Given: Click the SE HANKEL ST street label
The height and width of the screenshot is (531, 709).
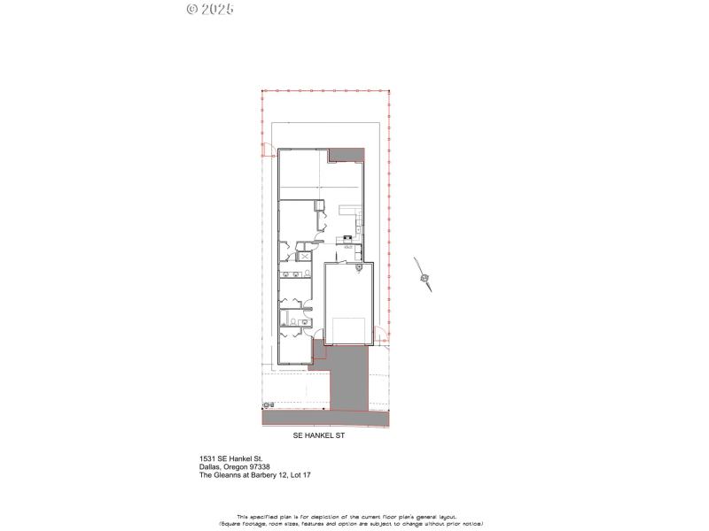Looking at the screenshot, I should [324, 435].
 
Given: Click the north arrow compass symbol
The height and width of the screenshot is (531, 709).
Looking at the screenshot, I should [425, 278].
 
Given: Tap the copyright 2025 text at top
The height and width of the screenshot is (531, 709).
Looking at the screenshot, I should [210, 9].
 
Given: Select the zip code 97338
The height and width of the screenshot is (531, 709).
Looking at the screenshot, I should [258, 467].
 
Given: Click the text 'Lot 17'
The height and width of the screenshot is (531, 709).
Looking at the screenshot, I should [299, 475].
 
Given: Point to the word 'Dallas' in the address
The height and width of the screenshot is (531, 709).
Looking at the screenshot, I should [211, 467].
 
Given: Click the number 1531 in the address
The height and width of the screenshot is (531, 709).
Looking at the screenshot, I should [207, 458].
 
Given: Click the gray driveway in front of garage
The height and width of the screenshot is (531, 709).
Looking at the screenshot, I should [347, 376].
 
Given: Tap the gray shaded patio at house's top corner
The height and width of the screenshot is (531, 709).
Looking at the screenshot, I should [347, 155].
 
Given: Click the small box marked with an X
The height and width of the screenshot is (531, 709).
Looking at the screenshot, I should [305, 256].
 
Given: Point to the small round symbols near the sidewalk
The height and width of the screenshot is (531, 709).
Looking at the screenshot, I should [267, 405].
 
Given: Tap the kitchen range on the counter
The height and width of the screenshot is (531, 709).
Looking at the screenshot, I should [349, 237].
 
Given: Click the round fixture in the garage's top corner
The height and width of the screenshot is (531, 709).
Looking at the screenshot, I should [358, 267].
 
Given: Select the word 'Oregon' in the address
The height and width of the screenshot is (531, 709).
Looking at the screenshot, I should [237, 467].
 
